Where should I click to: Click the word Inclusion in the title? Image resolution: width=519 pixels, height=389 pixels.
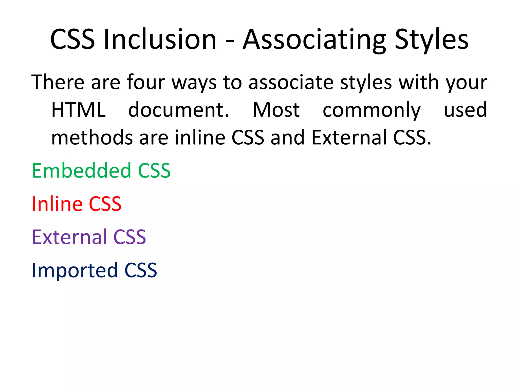[x=160, y=39]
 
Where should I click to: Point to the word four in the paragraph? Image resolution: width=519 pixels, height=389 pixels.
[x=146, y=82]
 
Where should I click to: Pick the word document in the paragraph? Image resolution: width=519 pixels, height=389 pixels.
[x=178, y=110]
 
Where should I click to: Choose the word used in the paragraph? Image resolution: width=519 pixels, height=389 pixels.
[x=465, y=110]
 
